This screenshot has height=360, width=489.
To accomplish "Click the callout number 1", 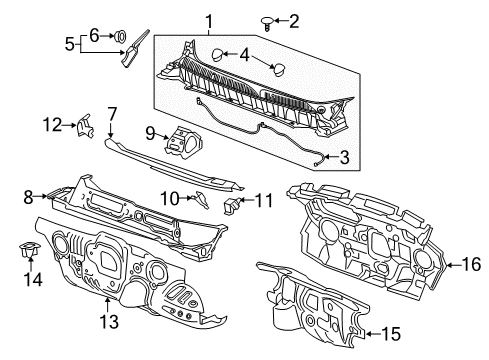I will pyautogui.click(x=209, y=19).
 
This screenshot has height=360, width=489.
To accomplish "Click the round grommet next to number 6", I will pyautogui.click(x=122, y=38).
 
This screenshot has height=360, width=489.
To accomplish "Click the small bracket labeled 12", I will pyautogui.click(x=87, y=126).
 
